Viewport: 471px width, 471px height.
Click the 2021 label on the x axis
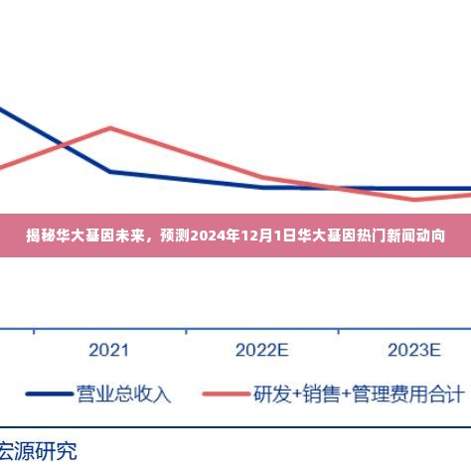click(x=109, y=350)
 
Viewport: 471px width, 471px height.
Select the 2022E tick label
click(x=261, y=350)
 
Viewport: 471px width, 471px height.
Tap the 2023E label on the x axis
click(x=413, y=350)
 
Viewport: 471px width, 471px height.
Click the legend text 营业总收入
click(x=123, y=394)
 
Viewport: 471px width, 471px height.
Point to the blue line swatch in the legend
click(x=49, y=394)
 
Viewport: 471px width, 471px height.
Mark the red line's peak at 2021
click(x=110, y=127)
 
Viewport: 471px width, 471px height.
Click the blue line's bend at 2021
click(x=110, y=171)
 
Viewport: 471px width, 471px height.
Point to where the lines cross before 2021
click(x=62, y=145)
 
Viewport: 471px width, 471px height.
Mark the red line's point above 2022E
click(x=261, y=177)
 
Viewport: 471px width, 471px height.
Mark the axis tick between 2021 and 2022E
click(x=186, y=330)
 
